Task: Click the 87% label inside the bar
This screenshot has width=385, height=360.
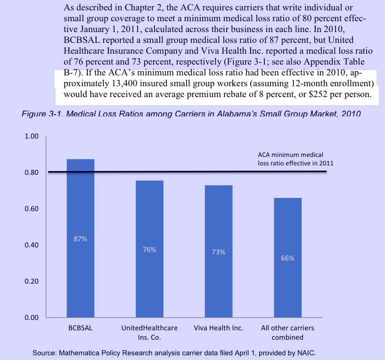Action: click(80, 239)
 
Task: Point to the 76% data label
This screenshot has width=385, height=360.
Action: click(149, 250)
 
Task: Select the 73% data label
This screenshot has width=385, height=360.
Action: click(218, 252)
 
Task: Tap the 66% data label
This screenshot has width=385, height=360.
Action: click(287, 258)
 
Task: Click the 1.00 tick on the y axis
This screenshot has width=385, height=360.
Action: click(32, 137)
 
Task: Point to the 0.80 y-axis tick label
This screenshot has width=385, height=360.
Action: click(32, 172)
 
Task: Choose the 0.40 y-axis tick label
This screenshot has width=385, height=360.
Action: click(32, 245)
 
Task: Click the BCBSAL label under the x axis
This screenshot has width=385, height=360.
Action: click(80, 328)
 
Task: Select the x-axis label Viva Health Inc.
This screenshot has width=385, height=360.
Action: click(218, 328)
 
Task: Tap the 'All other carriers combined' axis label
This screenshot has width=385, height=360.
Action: click(287, 332)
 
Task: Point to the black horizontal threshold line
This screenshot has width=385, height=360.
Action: click(188, 172)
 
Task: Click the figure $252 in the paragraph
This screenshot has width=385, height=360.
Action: click(311, 95)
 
